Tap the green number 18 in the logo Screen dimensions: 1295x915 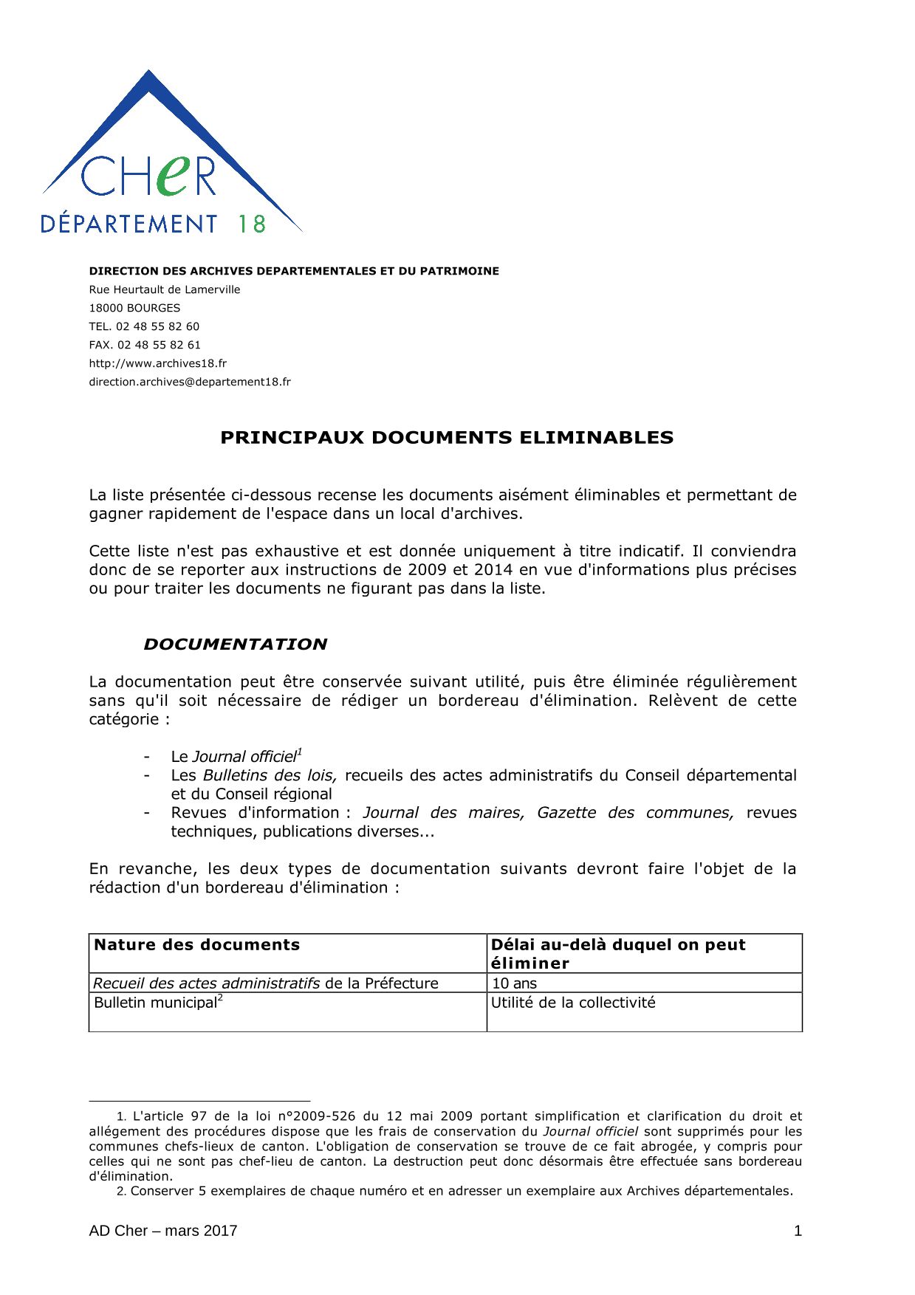pos(251,224)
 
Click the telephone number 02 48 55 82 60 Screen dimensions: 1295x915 pos(157,326)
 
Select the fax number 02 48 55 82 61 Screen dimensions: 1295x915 pos(159,345)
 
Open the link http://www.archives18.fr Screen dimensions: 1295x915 pos(157,363)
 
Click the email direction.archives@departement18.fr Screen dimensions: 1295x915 pos(190,382)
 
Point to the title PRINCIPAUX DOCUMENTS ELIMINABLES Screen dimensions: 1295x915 pos(447,438)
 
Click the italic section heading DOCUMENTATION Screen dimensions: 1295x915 pos(235,645)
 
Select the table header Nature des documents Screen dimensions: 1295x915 pos(197,945)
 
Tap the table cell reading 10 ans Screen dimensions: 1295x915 pos(514,983)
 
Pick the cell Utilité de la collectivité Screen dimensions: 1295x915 pos(573,1003)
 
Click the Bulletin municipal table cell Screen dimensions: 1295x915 pos(156,1003)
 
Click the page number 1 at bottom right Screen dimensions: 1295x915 pos(798,1231)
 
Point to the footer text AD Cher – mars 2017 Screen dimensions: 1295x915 pos(163,1231)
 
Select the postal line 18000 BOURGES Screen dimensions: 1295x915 pos(134,308)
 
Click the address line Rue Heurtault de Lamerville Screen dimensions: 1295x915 pos(165,289)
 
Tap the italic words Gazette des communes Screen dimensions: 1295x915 pos(635,813)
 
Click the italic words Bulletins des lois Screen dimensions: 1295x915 pos(270,776)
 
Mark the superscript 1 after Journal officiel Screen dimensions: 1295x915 pos(299,752)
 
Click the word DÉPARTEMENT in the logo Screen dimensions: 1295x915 pos(128,224)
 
